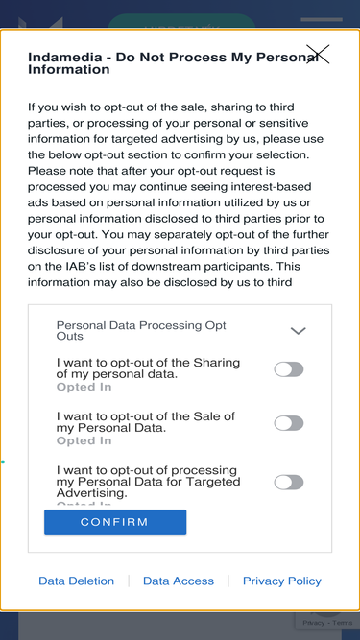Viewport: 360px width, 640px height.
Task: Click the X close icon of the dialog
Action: [x=318, y=55]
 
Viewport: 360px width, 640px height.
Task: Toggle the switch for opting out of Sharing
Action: [x=289, y=369]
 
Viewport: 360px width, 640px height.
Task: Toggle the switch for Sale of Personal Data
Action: [x=289, y=423]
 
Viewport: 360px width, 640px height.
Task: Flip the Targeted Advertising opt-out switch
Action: [x=289, y=482]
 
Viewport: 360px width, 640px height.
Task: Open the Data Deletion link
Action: [x=77, y=581]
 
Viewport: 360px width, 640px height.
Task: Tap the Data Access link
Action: [x=179, y=581]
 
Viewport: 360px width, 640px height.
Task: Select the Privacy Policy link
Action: [x=282, y=581]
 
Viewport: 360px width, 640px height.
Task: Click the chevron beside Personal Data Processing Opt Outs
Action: [x=298, y=331]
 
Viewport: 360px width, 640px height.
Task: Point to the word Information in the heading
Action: [x=68, y=69]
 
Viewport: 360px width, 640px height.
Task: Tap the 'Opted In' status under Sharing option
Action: [x=84, y=387]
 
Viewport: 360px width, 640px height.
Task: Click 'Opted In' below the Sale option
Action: [x=84, y=440]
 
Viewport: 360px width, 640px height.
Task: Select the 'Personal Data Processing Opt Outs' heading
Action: [x=141, y=331]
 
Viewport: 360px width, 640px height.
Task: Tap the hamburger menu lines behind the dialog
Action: [x=322, y=19]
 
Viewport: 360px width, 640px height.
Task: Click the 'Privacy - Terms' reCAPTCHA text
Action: [x=327, y=623]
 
